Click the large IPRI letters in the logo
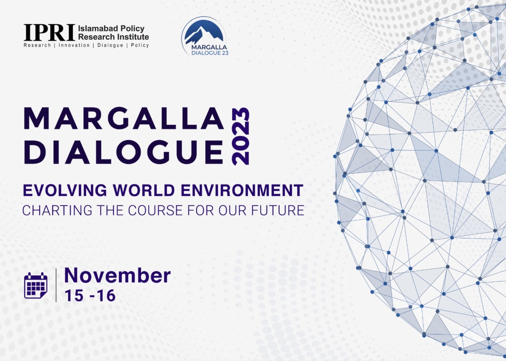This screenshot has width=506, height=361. [x=49, y=32]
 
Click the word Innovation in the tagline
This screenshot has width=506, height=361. [x=74, y=45]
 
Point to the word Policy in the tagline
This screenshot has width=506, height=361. [x=140, y=45]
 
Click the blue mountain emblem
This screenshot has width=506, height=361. [x=204, y=31]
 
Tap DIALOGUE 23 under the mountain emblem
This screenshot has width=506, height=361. [x=210, y=53]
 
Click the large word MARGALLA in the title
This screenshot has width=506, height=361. [x=124, y=118]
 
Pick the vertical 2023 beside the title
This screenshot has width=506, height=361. [x=240, y=137]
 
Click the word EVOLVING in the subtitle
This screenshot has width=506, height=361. [x=65, y=190]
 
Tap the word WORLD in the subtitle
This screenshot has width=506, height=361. [x=144, y=190]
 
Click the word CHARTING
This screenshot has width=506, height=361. [x=57, y=210]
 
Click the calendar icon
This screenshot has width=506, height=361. [x=36, y=285]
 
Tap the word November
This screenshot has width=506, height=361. [x=117, y=275]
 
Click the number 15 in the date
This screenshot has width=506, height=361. [x=74, y=295]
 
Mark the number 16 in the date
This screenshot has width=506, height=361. [x=106, y=295]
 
